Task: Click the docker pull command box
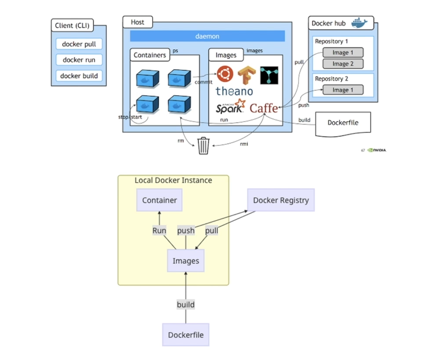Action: (x=79, y=44)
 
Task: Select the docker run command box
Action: (x=79, y=60)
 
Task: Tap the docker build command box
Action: (x=79, y=76)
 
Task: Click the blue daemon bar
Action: (x=207, y=36)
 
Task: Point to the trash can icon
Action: (x=203, y=145)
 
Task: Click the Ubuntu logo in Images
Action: (x=226, y=74)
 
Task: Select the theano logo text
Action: (x=234, y=91)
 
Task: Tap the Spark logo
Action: (x=230, y=107)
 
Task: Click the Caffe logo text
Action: (x=264, y=107)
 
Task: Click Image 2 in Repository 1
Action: (x=343, y=64)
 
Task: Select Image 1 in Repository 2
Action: (x=343, y=90)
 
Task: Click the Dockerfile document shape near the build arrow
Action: (x=343, y=123)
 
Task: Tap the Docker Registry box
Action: (x=281, y=200)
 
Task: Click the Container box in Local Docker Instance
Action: (x=159, y=200)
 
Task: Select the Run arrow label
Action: (x=159, y=230)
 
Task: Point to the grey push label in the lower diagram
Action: (x=186, y=230)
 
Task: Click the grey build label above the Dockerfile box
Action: (x=185, y=304)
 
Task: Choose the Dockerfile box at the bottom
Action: (x=185, y=335)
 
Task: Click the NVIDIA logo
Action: (x=377, y=150)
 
